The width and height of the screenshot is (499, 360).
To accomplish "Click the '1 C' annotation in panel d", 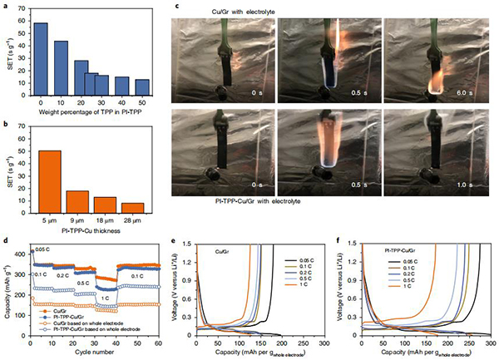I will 106,297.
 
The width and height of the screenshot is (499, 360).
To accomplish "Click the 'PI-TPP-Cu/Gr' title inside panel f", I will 403,249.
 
